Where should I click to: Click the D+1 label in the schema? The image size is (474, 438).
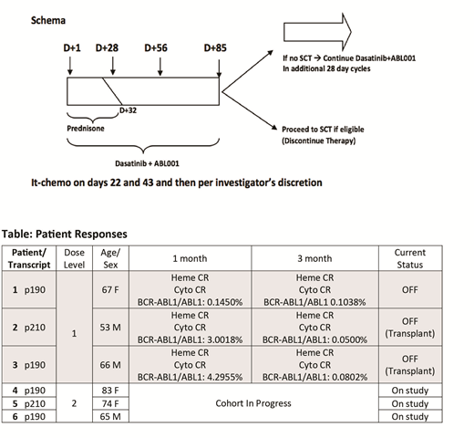(72, 47)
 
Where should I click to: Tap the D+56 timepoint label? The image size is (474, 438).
(156, 47)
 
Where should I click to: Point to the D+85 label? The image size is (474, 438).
(215, 47)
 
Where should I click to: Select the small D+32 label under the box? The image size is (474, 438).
(128, 110)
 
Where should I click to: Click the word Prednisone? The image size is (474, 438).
(86, 129)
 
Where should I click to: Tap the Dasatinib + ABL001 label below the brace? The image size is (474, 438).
(147, 163)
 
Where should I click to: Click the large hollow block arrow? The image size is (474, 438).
(317, 32)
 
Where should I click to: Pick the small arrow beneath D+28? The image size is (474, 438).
(113, 66)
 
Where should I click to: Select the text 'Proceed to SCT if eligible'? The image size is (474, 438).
(323, 130)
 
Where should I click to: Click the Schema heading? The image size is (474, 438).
(48, 20)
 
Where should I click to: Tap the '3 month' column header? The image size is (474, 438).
(314, 258)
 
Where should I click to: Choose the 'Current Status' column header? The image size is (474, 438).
(410, 258)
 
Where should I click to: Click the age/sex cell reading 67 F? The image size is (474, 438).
(110, 290)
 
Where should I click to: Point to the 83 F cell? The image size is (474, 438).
(110, 391)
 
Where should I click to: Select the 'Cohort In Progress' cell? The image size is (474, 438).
(253, 403)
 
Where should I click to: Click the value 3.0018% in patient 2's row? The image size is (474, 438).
(224, 339)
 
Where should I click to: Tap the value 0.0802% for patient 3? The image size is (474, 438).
(349, 377)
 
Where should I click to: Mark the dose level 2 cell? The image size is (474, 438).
(74, 403)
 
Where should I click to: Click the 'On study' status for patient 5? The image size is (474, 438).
(410, 404)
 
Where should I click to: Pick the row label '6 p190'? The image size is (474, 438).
(29, 417)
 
